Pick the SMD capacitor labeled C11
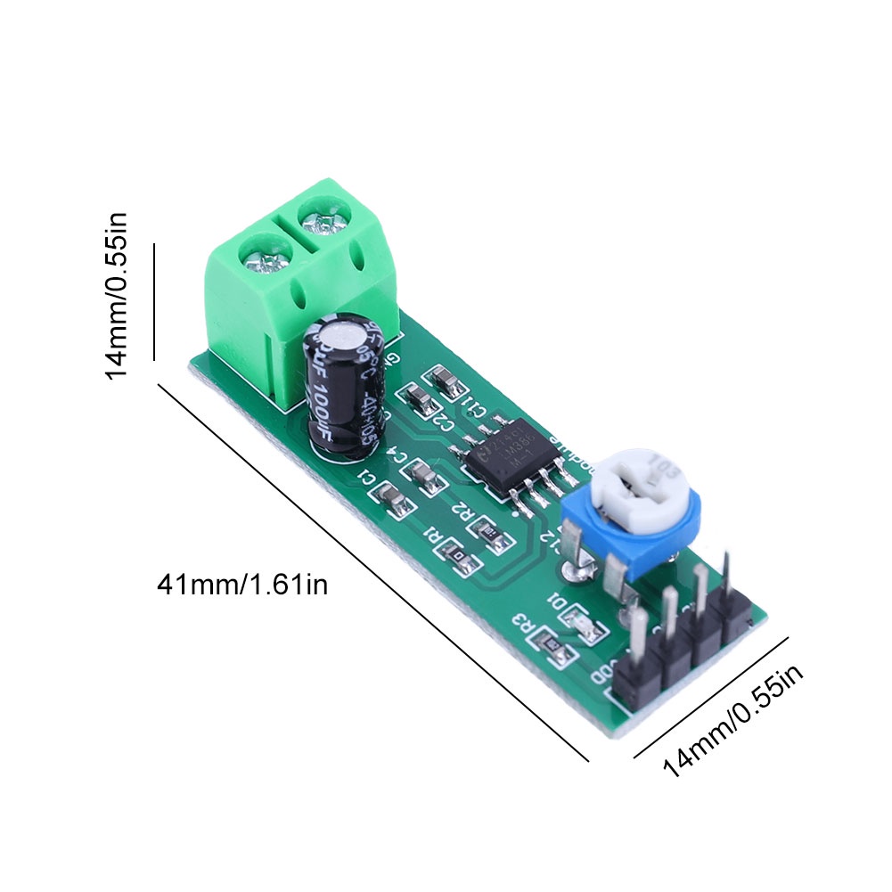(x=446, y=381)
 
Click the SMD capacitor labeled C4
(x=429, y=479)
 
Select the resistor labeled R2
(x=491, y=532)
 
